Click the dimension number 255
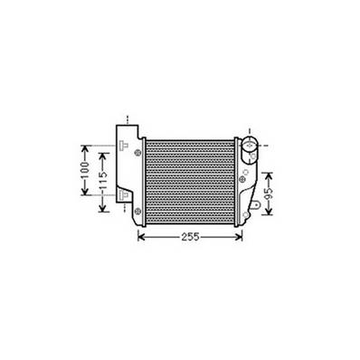189,239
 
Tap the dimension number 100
83,169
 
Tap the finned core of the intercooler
188,181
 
